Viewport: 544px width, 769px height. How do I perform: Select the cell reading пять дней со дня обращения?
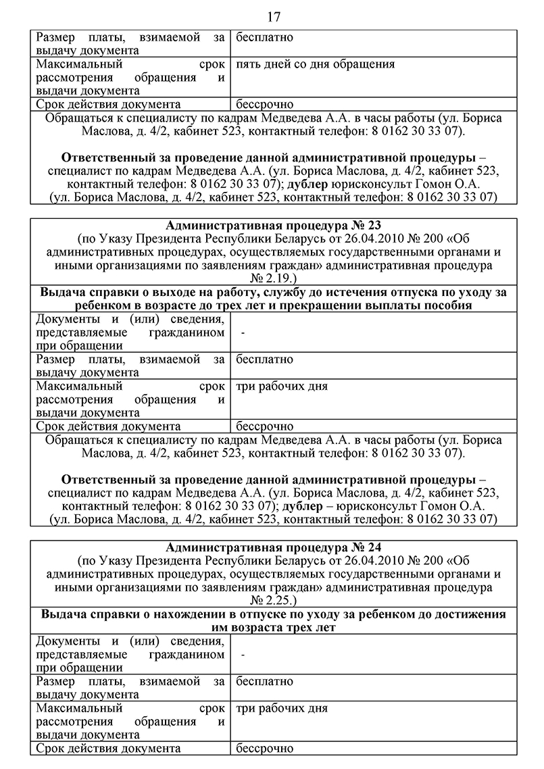pyautogui.click(x=316, y=65)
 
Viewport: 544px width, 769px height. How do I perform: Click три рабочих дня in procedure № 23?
pyautogui.click(x=282, y=387)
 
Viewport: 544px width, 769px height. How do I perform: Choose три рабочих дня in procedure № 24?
pyautogui.click(x=282, y=710)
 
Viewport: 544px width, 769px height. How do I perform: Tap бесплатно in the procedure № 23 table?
pyautogui.click(x=265, y=361)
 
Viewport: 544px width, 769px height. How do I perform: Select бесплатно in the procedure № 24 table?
pyautogui.click(x=265, y=683)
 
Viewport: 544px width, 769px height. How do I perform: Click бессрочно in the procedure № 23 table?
pyautogui.click(x=265, y=426)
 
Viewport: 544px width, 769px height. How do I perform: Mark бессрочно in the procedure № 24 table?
pyautogui.click(x=265, y=749)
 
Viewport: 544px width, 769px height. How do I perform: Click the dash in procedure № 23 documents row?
pyautogui.click(x=243, y=333)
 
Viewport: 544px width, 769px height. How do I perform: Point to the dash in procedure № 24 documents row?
pyautogui.click(x=243, y=655)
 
